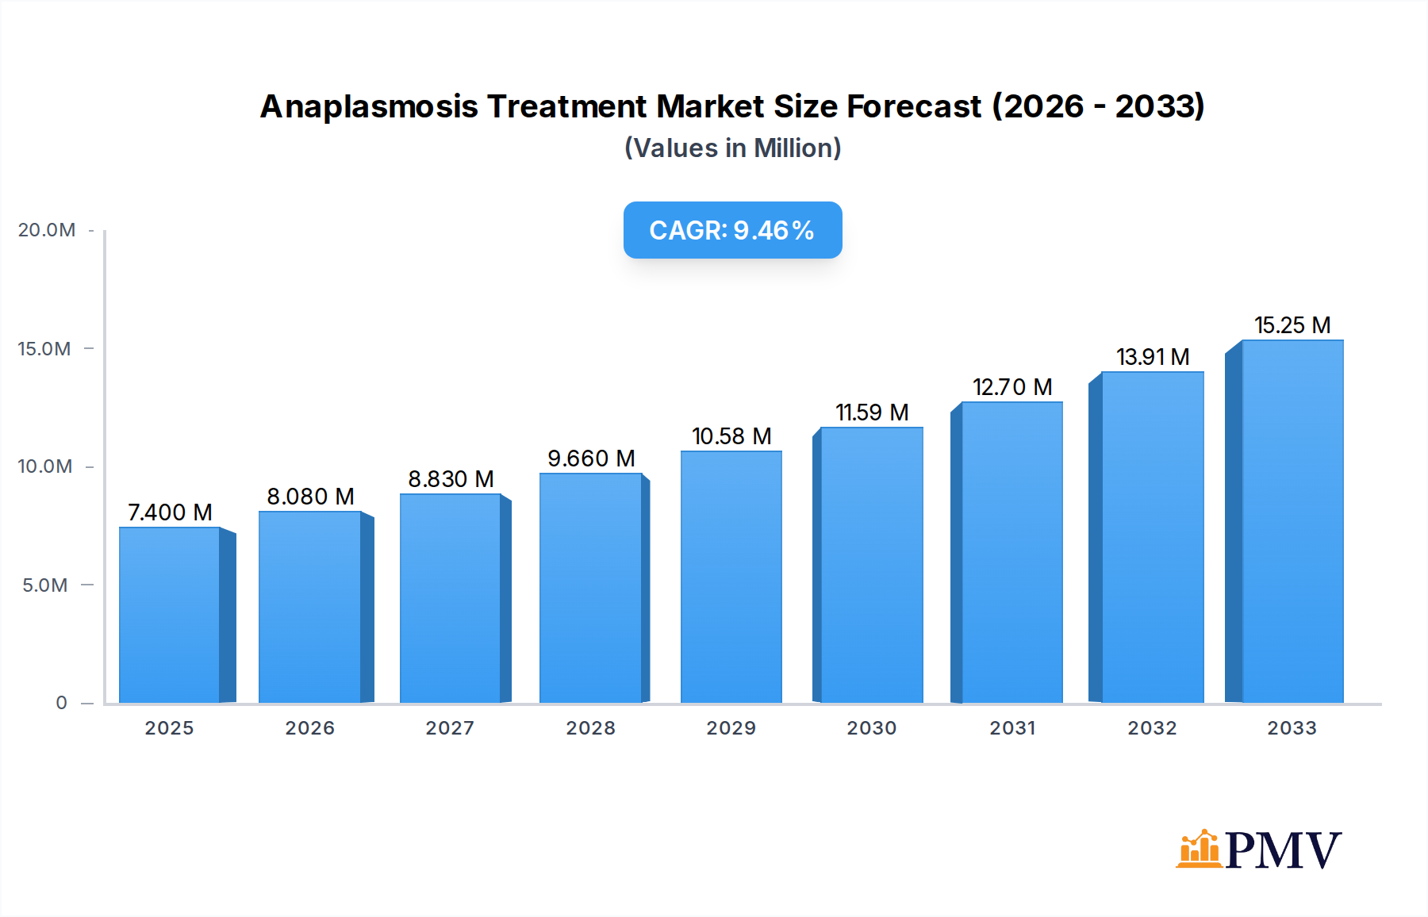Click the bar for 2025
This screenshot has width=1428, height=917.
click(x=170, y=615)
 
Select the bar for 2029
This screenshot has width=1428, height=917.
click(x=731, y=577)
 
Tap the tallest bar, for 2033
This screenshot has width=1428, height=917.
click(x=1292, y=521)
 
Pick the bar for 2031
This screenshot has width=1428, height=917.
click(x=1011, y=552)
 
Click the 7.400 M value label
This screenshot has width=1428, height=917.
click(x=170, y=512)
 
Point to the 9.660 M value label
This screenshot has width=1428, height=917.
click(x=591, y=458)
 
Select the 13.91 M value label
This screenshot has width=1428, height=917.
click(x=1153, y=357)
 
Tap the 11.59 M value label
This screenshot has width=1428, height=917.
click(x=872, y=412)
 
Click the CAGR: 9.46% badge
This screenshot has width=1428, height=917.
click(x=732, y=230)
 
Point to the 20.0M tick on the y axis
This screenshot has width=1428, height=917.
click(x=47, y=230)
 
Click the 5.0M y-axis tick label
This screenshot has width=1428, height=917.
click(x=45, y=585)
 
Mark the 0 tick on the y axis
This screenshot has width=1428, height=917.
click(x=61, y=703)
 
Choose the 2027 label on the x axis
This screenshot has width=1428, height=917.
click(x=450, y=728)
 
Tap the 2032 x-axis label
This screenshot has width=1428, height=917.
click(x=1152, y=728)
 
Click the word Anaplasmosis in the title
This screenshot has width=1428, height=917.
click(x=369, y=106)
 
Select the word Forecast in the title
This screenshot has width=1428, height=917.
click(x=914, y=106)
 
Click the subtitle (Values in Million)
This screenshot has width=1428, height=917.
click(x=732, y=148)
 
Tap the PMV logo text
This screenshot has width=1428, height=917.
click(x=1283, y=850)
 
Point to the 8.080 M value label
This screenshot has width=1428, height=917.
click(x=310, y=497)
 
